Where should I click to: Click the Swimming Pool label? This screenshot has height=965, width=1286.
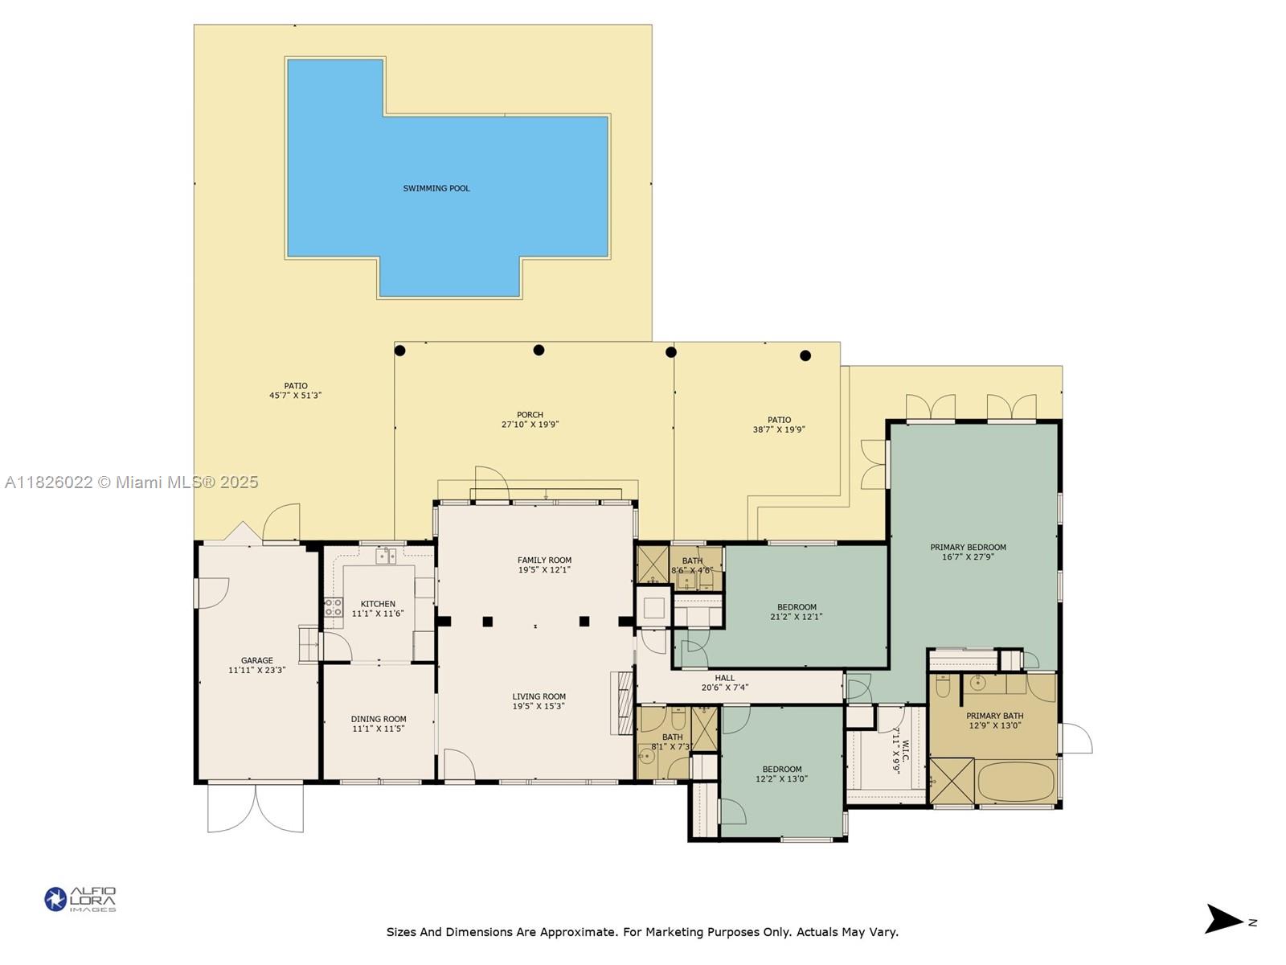(436, 188)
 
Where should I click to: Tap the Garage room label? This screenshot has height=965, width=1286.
(256, 660)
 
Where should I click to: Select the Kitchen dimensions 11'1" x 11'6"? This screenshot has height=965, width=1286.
(377, 614)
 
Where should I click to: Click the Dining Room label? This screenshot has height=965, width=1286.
(378, 719)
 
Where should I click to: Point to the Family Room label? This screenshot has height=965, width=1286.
(544, 561)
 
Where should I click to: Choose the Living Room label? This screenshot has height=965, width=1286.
(539, 696)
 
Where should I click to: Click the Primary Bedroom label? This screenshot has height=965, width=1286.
(968, 548)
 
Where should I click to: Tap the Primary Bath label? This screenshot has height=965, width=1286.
(994, 716)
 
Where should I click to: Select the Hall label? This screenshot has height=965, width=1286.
(724, 678)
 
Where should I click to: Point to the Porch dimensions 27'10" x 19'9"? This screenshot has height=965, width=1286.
(530, 425)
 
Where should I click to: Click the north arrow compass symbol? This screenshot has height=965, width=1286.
(1223, 918)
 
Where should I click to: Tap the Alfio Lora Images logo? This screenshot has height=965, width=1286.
(80, 899)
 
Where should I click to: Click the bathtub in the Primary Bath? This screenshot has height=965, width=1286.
(1016, 782)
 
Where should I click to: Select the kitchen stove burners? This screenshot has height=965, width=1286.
(334, 607)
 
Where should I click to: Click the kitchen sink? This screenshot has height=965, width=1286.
(386, 556)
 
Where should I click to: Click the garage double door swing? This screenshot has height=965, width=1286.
(256, 807)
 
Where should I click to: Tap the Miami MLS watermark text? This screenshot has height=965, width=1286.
(131, 482)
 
